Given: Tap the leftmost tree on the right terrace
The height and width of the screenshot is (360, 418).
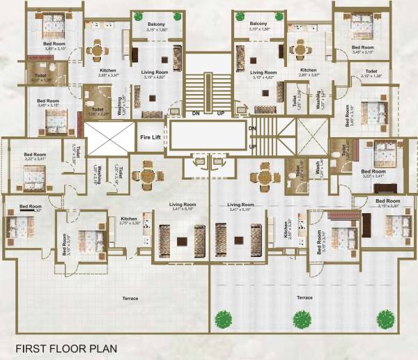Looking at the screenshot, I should [x=223, y=320].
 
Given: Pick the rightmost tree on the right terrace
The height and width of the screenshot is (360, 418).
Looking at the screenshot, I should [x=385, y=320].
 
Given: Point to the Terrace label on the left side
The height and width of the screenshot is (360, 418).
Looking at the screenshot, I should [x=129, y=298].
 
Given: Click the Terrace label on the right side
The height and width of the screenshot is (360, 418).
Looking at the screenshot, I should [x=303, y=297].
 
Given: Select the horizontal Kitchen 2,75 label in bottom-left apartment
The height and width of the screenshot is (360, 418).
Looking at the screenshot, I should [x=130, y=220].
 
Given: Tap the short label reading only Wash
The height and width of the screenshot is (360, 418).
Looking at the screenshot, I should [x=316, y=168].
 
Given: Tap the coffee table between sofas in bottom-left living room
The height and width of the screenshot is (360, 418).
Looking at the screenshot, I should [x=181, y=242].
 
